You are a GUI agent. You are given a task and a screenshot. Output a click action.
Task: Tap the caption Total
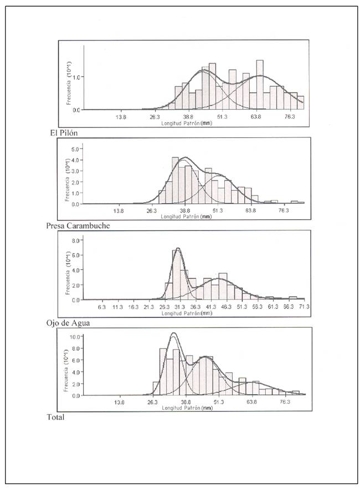click(x=56, y=417)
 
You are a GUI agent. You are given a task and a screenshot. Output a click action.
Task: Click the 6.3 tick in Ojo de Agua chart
click(x=102, y=306)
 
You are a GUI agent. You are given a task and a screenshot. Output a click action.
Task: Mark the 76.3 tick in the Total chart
click(x=285, y=402)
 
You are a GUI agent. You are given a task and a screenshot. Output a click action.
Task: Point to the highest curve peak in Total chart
click(x=173, y=333)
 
